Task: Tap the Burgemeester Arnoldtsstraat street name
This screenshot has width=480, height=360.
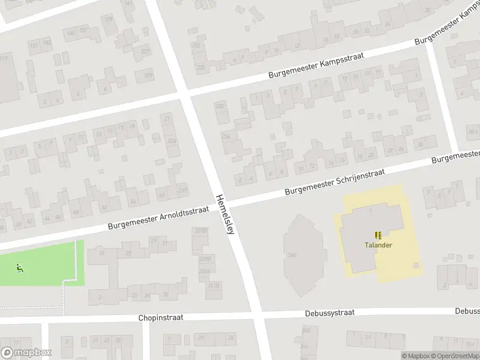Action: tap(158, 218)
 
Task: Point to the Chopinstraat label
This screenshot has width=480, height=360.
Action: tap(160, 317)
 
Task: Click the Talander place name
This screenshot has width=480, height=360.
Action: tap(378, 245)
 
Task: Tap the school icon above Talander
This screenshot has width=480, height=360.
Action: tap(378, 235)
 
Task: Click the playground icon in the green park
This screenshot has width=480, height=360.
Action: tap(20, 268)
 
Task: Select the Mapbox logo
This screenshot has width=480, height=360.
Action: tap(26, 353)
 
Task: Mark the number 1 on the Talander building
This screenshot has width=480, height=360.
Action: tap(371, 210)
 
